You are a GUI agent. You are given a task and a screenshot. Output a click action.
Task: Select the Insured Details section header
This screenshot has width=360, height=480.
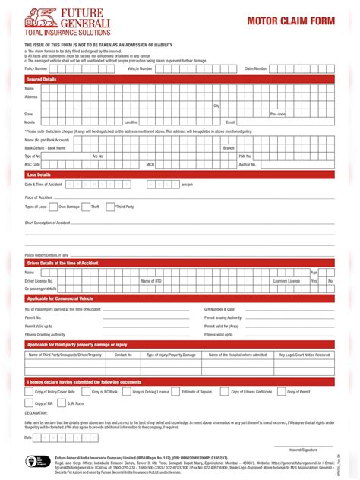tap(42, 79)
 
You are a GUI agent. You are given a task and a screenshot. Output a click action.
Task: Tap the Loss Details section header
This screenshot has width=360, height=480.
tap(39, 175)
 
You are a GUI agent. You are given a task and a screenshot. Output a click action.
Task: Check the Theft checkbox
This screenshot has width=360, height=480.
tap(86, 207)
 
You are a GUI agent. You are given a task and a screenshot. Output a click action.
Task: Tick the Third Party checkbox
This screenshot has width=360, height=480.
tap(110, 207)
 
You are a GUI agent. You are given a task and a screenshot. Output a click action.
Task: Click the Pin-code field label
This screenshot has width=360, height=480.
tap(278, 114)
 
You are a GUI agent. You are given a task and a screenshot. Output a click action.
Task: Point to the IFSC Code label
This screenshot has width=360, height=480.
tap(32, 164)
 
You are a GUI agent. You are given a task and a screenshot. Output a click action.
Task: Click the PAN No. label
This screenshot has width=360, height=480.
tap(245, 156)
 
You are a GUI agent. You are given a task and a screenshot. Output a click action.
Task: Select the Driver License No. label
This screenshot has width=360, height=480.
tap(40, 281)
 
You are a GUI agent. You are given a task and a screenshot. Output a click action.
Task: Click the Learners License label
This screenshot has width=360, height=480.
tap(286, 281)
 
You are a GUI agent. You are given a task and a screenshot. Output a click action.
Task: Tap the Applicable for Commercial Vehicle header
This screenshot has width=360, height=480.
tap(71, 298)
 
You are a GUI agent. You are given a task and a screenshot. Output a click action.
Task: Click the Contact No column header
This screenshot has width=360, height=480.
tap(123, 355)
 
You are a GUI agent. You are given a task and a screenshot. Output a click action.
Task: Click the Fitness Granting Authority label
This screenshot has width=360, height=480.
tap(45, 334)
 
